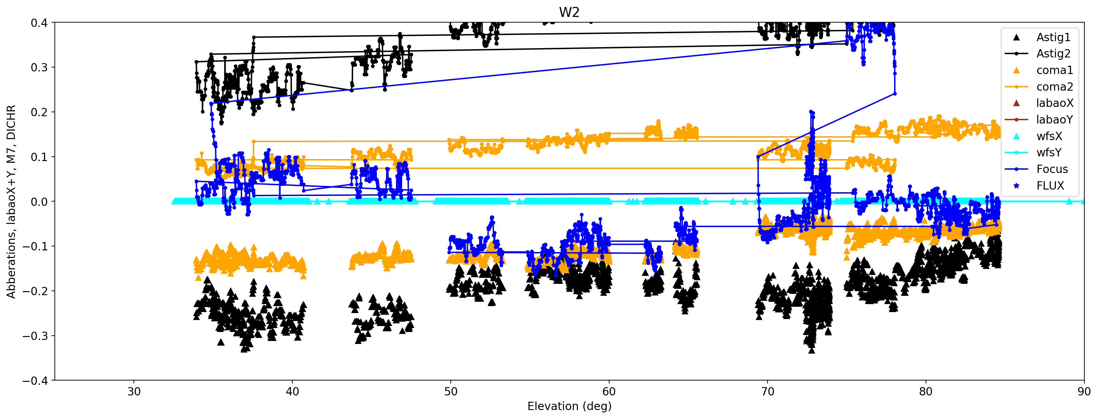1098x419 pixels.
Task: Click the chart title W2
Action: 569,12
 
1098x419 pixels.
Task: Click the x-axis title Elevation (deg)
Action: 569,406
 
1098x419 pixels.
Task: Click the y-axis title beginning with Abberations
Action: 11,201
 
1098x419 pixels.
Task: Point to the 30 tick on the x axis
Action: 134,391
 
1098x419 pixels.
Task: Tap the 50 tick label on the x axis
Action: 451,391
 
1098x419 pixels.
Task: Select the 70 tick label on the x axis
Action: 767,391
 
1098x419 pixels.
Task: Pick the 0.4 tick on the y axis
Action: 39,23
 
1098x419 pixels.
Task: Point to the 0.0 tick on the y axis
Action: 39,202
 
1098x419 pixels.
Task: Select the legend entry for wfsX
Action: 1049,136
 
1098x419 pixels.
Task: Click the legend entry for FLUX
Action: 1050,186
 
